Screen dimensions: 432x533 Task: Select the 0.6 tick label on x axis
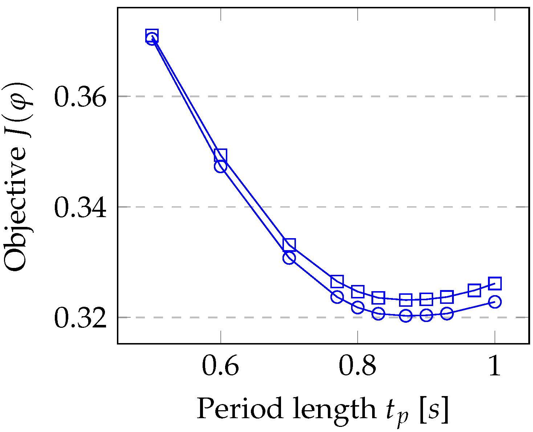pyautogui.click(x=220, y=366)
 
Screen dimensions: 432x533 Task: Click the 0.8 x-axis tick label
pyautogui.click(x=357, y=366)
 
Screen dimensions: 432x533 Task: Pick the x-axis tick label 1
pyautogui.click(x=495, y=366)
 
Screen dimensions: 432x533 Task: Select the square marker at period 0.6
pyautogui.click(x=220, y=155)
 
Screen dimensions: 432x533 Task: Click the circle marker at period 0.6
pyautogui.click(x=220, y=167)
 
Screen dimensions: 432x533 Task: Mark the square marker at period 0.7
pyautogui.click(x=289, y=245)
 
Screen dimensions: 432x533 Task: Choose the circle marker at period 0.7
pyautogui.click(x=289, y=258)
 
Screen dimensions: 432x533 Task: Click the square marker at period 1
pyautogui.click(x=495, y=283)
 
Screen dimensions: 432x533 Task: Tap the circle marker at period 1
pyautogui.click(x=495, y=302)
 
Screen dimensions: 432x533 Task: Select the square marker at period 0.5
pyautogui.click(x=152, y=35)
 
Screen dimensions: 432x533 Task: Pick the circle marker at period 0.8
pyautogui.click(x=358, y=307)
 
